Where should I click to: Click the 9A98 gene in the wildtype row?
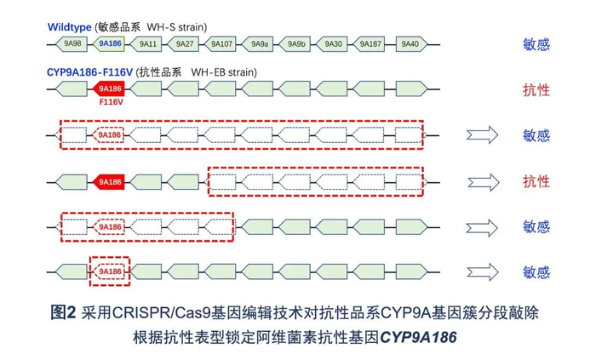72,43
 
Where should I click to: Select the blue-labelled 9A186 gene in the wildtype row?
110,43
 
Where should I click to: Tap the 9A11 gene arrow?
148,43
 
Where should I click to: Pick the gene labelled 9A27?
185,43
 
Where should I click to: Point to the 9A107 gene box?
222,43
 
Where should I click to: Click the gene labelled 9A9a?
260,43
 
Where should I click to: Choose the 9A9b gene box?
296,43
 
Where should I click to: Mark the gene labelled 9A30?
334,43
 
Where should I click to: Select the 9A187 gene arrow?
370,43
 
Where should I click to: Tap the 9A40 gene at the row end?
410,43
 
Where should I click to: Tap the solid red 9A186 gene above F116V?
110,88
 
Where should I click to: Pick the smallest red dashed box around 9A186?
110,271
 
